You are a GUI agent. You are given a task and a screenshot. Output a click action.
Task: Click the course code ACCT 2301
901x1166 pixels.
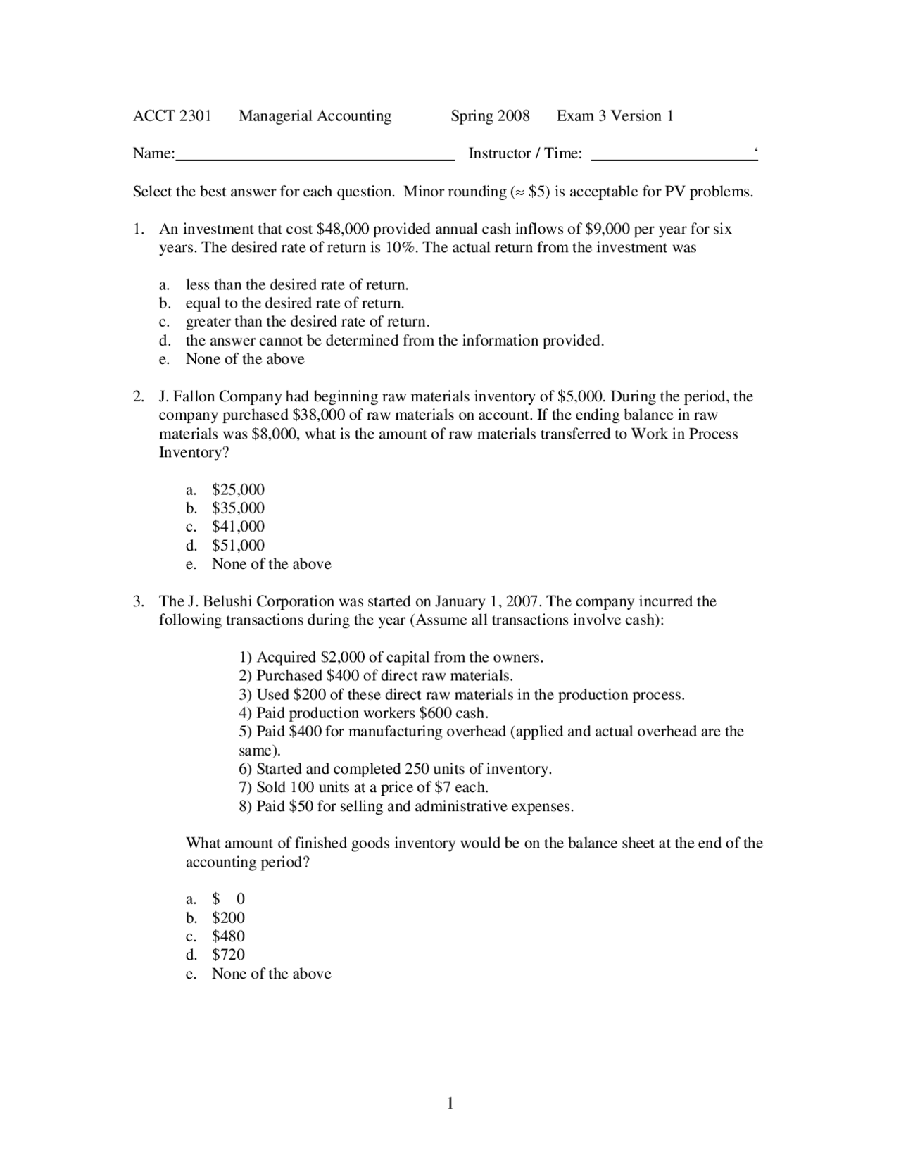pos(172,116)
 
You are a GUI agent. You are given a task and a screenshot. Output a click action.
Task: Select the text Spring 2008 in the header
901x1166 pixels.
pos(490,116)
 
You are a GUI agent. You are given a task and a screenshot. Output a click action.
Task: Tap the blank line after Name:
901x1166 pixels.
pos(315,156)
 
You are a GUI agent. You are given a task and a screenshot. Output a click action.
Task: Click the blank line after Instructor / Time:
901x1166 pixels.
pos(673,156)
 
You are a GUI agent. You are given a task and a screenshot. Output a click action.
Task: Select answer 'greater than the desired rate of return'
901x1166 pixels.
pos(307,322)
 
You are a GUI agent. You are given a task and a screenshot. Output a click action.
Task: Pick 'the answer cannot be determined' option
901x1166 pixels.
pos(394,341)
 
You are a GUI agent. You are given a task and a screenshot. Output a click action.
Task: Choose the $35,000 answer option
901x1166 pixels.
pos(238,508)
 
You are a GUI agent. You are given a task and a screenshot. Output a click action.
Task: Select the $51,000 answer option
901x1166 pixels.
pos(238,546)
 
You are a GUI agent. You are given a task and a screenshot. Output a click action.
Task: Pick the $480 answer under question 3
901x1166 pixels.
pos(228,936)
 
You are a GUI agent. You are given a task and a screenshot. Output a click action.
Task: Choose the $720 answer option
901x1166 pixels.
pos(228,955)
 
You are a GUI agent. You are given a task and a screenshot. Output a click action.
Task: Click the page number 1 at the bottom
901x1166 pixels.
pos(450,1103)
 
